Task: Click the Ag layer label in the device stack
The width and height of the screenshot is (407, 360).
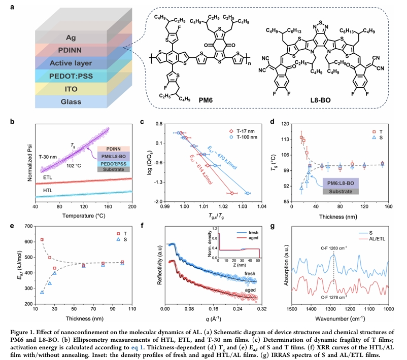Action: (x=71, y=38)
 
